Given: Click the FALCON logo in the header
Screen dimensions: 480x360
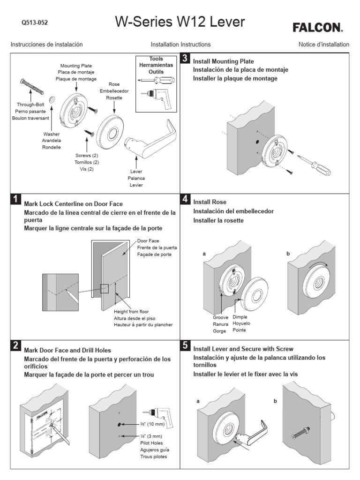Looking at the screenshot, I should click(318, 28).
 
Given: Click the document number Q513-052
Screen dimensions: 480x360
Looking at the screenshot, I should click(35, 22).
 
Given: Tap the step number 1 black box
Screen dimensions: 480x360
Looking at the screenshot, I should click(16, 199).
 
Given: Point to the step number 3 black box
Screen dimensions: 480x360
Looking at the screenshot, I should click(185, 59).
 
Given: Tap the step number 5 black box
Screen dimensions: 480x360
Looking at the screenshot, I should click(185, 346).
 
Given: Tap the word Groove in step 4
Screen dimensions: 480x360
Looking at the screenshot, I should click(220, 317).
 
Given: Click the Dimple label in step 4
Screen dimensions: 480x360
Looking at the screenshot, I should click(240, 317).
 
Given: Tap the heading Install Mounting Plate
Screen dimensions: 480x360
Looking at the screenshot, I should click(224, 61).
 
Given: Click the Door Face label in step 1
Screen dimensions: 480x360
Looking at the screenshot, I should click(149, 240).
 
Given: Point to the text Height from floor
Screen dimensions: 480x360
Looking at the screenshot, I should click(134, 311).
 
